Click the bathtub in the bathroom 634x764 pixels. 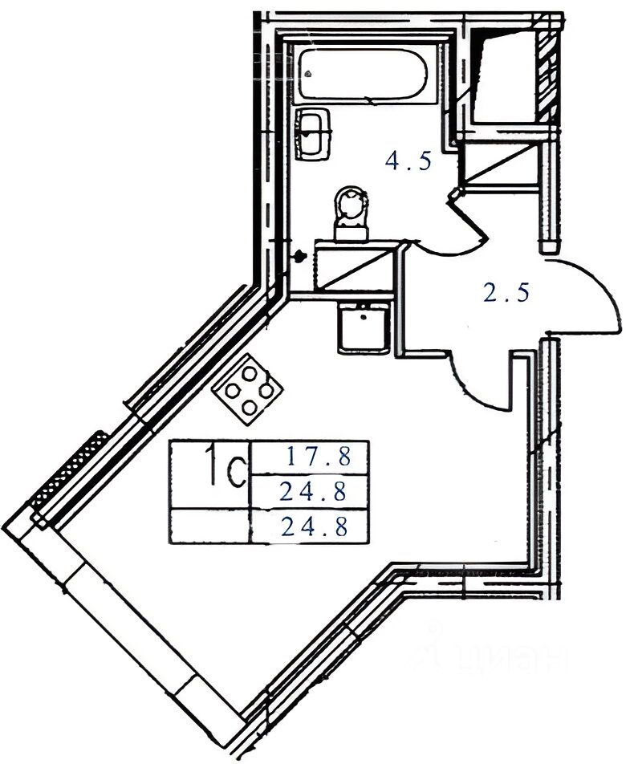click(x=360, y=75)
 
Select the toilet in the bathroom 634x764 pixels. click(x=351, y=212)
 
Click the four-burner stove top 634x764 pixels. click(x=248, y=388)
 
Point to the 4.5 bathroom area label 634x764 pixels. click(x=408, y=161)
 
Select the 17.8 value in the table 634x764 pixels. click(x=319, y=458)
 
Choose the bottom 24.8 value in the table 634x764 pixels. click(x=313, y=527)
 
